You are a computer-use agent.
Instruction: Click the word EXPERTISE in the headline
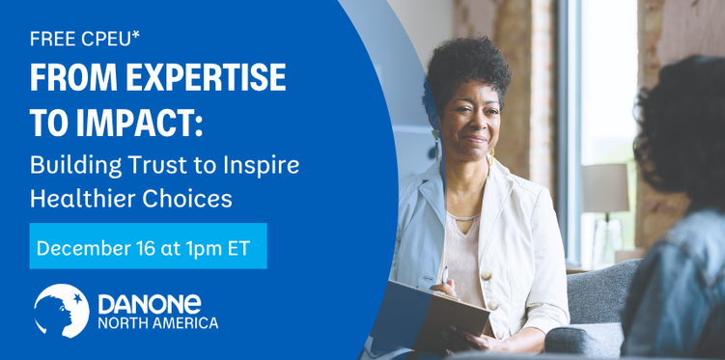(x=207, y=76)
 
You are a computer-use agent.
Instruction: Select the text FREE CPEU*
(x=85, y=39)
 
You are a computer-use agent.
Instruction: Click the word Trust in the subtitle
(x=150, y=166)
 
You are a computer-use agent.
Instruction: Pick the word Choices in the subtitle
(x=187, y=199)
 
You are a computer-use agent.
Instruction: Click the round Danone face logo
(x=61, y=311)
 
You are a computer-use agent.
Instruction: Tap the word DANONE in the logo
(x=150, y=305)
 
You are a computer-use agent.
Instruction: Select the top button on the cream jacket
(x=486, y=275)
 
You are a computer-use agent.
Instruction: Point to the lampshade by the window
(x=604, y=188)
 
